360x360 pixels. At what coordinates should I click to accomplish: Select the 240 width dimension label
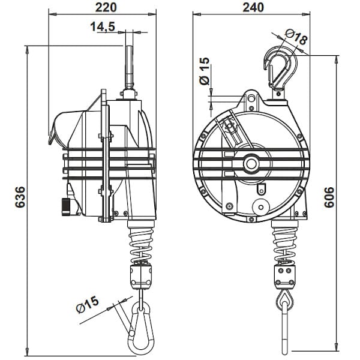(x=255, y=8)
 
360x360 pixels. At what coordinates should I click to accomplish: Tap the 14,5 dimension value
(x=103, y=27)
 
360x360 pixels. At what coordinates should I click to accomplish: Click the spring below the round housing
(x=284, y=244)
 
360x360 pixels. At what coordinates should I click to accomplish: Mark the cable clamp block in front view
(x=284, y=277)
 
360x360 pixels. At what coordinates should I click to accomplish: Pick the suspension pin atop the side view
(x=128, y=66)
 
